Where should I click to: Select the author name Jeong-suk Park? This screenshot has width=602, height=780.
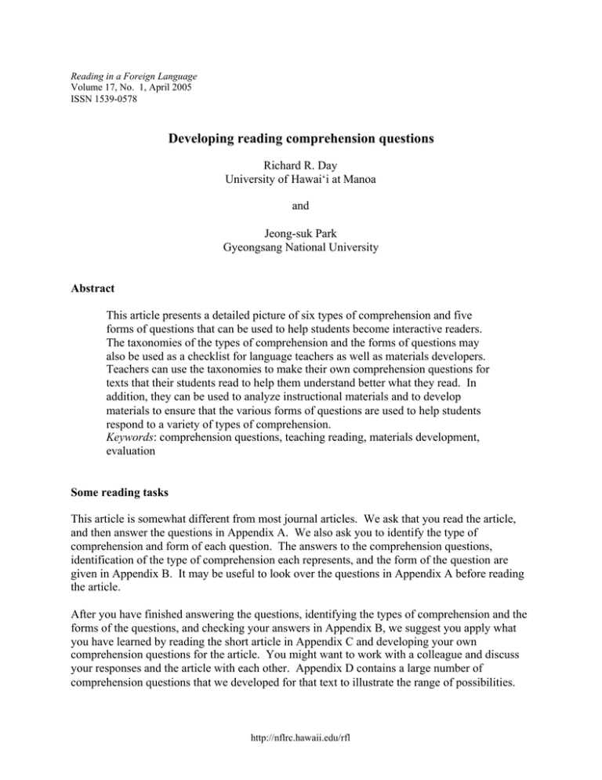point(300,235)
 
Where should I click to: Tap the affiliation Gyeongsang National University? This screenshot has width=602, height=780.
point(300,250)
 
